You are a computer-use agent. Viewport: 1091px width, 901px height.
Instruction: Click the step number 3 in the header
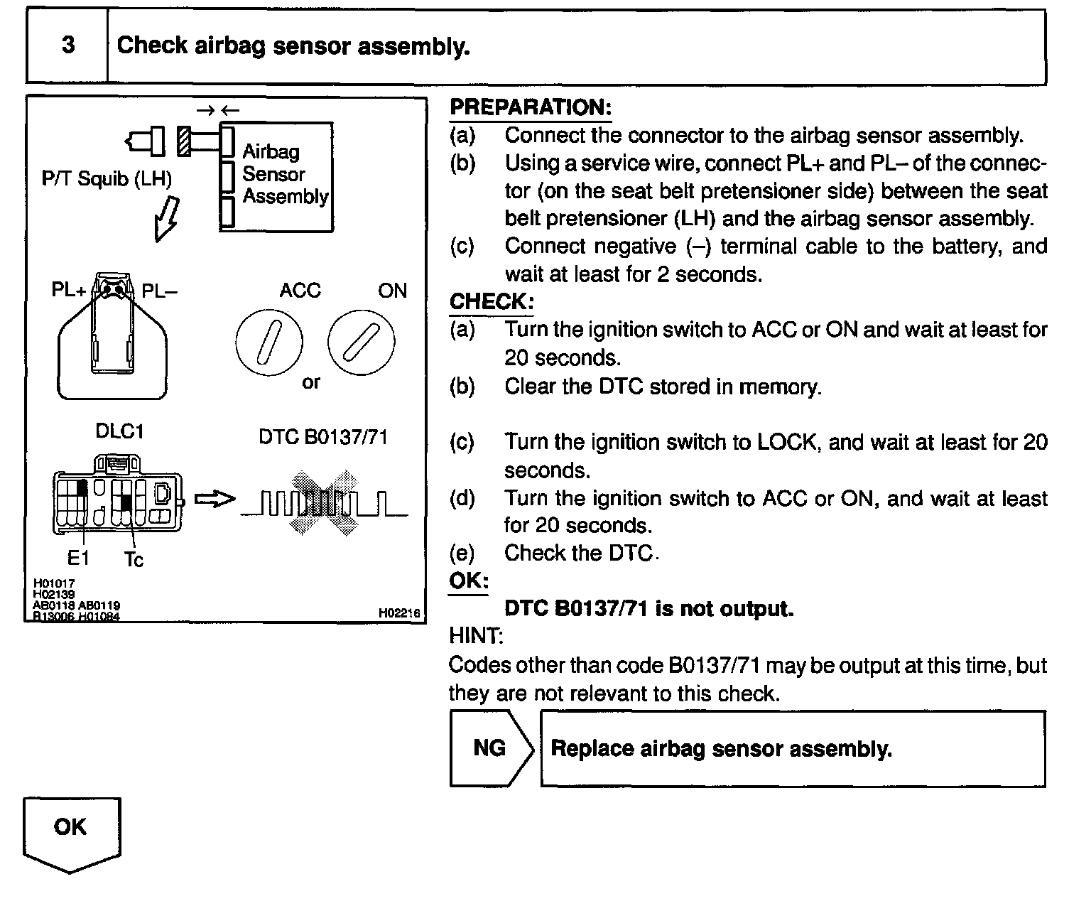[x=68, y=45]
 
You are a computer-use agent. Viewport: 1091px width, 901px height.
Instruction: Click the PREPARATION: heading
[x=531, y=107]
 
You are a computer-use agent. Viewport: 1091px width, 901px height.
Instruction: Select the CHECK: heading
[x=491, y=301]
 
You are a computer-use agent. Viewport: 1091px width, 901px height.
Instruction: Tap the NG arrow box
[x=490, y=748]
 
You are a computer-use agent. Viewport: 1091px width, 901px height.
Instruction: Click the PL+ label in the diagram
[x=69, y=290]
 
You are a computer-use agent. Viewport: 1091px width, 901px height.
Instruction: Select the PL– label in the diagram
[x=160, y=291]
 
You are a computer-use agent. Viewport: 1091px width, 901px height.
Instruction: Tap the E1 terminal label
[x=78, y=559]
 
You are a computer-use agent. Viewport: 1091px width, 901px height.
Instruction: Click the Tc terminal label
[x=134, y=560]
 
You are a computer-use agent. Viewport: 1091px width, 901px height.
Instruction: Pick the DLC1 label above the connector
[x=119, y=432]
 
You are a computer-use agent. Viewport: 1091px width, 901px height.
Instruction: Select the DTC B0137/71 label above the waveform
[x=323, y=437]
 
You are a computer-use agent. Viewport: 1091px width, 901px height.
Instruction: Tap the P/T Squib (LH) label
[x=107, y=178]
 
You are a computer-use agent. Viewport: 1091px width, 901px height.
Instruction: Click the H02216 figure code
[x=399, y=613]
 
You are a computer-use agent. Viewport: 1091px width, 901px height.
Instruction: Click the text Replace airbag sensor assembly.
[x=721, y=749]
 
